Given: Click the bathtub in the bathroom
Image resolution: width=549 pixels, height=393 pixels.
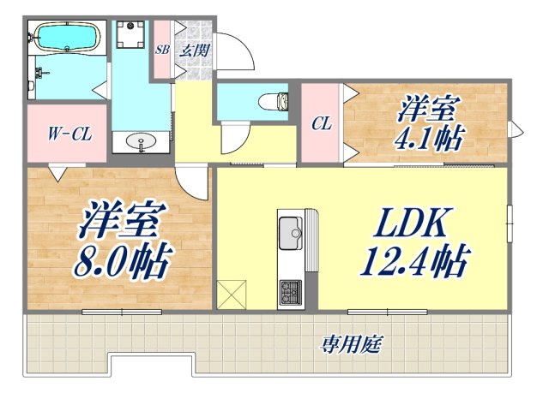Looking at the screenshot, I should point(65,38).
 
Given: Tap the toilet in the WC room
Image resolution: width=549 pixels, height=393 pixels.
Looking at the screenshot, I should point(274,100).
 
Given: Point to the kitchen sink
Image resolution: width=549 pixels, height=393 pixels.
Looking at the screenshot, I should point(289,230).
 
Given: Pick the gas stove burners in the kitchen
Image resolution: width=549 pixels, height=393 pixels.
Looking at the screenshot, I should point(288,290).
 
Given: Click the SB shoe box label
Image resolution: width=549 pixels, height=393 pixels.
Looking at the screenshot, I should point(162,50).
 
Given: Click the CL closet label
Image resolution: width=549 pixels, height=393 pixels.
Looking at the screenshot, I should point(321,123).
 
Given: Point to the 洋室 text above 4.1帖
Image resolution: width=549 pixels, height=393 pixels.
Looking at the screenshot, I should point(428,110).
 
